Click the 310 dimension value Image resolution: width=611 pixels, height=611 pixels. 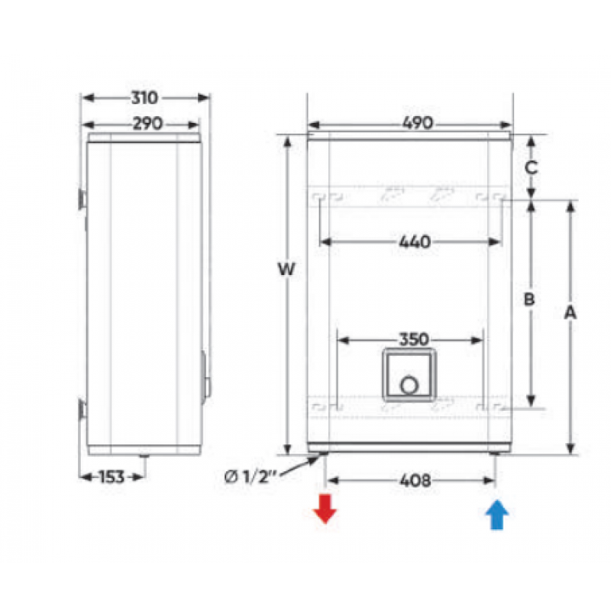point(144,98)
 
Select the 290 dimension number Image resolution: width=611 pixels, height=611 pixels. point(147,124)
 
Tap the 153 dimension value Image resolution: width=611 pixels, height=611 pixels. point(112,477)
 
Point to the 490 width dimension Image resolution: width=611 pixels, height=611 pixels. point(417,123)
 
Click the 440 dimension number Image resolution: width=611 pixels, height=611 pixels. point(415,242)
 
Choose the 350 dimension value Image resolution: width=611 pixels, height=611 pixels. point(414,339)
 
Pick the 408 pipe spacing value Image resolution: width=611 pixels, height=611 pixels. point(415,480)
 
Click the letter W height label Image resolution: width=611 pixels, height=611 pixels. point(286,269)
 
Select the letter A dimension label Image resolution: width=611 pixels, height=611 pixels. point(570,312)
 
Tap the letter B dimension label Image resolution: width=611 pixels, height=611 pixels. point(529,299)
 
